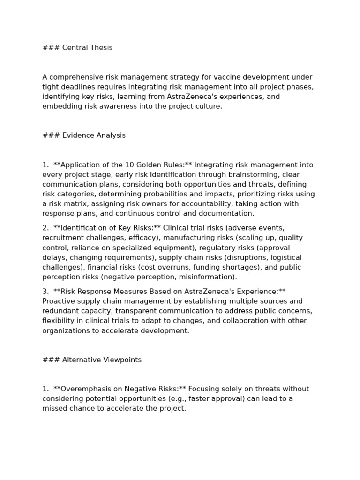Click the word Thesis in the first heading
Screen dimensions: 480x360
coord(100,48)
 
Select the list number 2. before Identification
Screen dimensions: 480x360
coord(45,228)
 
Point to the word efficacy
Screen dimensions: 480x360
coord(140,238)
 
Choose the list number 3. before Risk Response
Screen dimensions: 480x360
coord(45,292)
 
